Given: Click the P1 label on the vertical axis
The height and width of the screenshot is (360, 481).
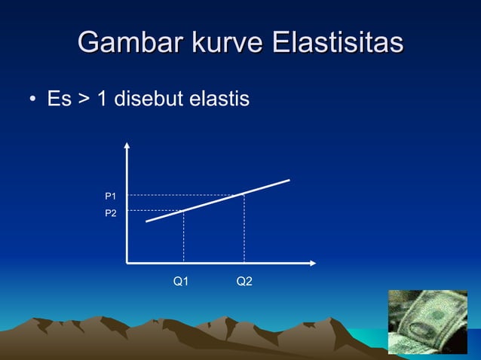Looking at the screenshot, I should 110,197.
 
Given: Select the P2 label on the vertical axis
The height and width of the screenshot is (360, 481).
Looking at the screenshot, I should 110,214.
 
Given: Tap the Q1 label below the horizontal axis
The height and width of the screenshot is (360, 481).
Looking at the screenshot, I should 181,282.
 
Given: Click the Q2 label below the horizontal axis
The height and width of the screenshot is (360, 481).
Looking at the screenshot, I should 244,282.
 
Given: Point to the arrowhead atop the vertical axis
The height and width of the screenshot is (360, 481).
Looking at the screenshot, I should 127,145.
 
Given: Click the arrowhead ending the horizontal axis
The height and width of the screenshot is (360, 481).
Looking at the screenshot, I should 311,263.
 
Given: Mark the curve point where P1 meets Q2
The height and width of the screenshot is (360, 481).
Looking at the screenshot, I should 244,194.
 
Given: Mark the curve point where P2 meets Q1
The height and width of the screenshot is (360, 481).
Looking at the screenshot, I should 184,210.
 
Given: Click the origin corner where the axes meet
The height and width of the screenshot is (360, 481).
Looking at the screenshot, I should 127,263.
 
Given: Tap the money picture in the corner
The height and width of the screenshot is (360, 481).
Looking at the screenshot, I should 427,322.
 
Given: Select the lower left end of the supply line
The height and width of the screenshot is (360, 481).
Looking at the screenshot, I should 146,221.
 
